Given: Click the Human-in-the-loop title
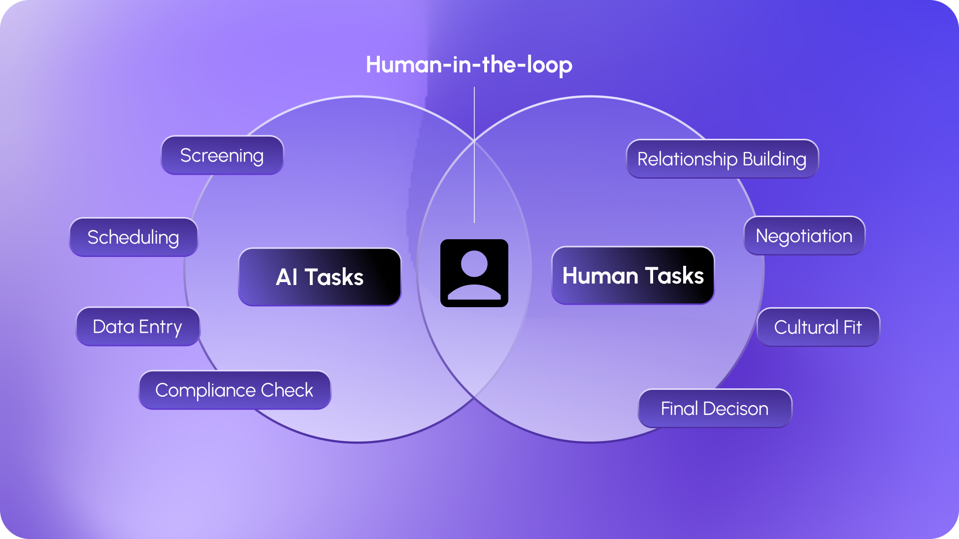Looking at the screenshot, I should [x=469, y=65].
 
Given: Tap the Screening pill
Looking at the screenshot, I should [x=222, y=156].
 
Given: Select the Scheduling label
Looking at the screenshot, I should [x=133, y=237].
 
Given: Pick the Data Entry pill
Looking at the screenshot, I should [x=138, y=327].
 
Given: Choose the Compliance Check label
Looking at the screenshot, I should [x=234, y=390].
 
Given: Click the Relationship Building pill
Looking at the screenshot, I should [x=722, y=159].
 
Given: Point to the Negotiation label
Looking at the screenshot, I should [x=804, y=236].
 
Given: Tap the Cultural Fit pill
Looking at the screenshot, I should [x=818, y=327].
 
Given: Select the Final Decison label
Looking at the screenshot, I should [x=715, y=409].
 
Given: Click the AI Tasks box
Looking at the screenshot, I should [x=320, y=277].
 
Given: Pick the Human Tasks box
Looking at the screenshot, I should [x=633, y=276].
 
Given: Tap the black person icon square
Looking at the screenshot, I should [x=474, y=273].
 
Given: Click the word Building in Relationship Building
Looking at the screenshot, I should [x=774, y=159].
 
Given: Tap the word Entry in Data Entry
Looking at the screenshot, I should [x=161, y=327].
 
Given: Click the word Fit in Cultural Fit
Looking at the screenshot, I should [x=853, y=327].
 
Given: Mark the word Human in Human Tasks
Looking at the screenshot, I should [x=600, y=276].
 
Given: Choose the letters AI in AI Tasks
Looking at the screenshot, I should [x=287, y=277].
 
